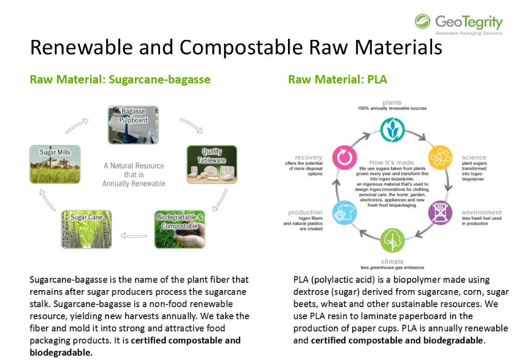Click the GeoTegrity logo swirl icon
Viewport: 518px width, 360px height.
point(423,21)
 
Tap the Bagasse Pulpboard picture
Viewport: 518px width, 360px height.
point(133,125)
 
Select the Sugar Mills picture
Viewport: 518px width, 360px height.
point(55,164)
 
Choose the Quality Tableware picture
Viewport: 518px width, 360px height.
point(212,164)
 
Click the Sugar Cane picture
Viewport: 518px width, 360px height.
point(86,229)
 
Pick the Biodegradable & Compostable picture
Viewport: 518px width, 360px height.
point(180,229)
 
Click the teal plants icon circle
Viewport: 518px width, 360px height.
point(392,130)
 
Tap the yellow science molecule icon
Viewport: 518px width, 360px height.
point(440,157)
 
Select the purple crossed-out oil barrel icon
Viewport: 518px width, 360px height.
point(440,212)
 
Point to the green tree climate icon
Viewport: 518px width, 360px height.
point(392,240)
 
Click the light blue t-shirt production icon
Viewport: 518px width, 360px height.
point(344,212)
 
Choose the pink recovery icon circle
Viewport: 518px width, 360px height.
point(344,157)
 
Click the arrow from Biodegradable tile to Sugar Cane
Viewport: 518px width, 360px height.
point(134,236)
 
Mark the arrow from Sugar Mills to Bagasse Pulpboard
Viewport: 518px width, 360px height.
point(77,126)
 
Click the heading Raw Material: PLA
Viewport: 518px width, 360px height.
point(337,79)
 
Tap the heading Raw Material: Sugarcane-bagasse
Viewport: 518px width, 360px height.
point(120,80)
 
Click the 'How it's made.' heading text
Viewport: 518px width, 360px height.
point(392,163)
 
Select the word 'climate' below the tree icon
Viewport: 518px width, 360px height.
point(392,261)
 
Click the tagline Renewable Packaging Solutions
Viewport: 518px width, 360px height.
point(469,33)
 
